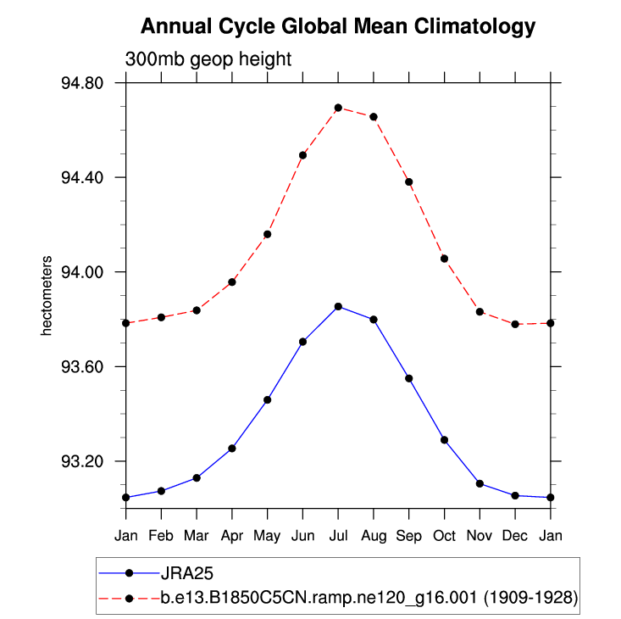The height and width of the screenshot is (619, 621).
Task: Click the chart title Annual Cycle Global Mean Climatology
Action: (338, 27)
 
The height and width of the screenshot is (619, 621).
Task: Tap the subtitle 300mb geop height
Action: (208, 59)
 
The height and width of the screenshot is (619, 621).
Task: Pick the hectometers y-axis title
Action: (47, 294)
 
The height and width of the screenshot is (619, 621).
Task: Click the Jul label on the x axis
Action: (338, 536)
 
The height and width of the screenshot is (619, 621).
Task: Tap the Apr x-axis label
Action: (232, 536)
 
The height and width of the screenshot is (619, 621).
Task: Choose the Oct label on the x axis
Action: (444, 536)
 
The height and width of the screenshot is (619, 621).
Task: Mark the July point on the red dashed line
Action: (338, 108)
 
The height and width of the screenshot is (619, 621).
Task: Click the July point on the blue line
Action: (338, 306)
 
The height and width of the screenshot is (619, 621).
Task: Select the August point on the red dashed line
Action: (374, 116)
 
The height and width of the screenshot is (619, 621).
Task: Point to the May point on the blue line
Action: (267, 399)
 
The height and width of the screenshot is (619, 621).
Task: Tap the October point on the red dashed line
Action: (444, 258)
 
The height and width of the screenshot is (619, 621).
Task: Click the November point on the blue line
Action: (480, 483)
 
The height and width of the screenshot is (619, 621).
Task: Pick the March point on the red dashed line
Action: (197, 310)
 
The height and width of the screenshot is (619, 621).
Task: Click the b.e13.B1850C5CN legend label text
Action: (369, 597)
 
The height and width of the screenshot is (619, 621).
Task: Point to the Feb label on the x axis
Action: (161, 536)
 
